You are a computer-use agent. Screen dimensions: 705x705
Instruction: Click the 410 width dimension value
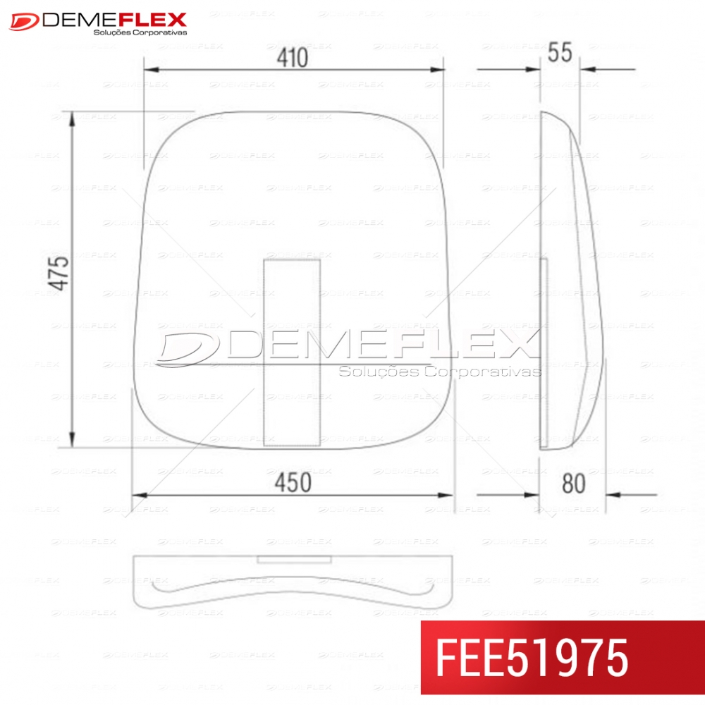tap(293, 58)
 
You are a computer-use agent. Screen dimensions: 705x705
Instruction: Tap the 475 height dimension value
tap(59, 273)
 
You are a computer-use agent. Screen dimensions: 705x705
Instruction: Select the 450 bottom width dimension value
tap(293, 483)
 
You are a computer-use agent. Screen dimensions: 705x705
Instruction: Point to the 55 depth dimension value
tap(560, 52)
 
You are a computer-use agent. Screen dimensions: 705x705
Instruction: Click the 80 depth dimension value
tap(574, 484)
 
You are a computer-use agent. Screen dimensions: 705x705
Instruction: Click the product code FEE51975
tap(532, 658)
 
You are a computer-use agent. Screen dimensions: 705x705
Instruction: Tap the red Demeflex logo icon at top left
tap(24, 22)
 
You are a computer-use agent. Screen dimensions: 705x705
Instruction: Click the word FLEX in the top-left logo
tap(152, 20)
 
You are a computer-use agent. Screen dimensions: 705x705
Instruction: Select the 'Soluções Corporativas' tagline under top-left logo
tap(140, 32)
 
